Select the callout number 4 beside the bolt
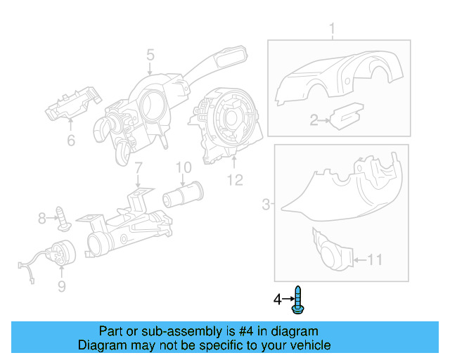tap(278, 300)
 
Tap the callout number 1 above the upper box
tap(333, 29)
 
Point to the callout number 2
tap(314, 121)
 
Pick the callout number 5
tap(150, 54)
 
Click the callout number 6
tap(70, 141)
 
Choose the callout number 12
tap(234, 181)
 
